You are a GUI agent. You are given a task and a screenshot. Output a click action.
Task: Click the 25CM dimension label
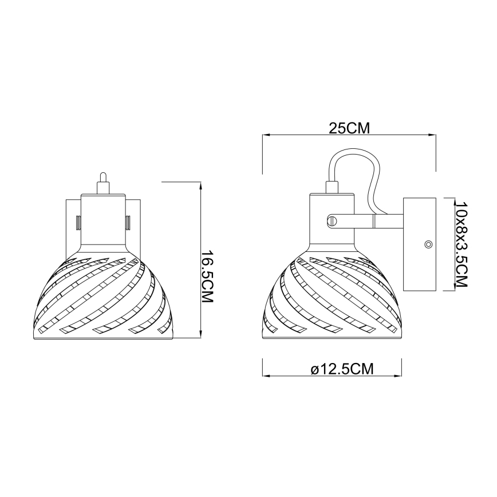point(348,128)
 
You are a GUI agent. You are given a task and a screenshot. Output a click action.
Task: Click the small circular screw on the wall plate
point(428,244)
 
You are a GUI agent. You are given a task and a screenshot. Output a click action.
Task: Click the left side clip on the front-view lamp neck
point(78,220)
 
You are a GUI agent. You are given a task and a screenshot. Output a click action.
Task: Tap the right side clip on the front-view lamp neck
point(128,220)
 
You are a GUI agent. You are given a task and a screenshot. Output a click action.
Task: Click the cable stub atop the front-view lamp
point(102,183)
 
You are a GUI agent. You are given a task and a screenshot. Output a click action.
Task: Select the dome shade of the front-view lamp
point(102,298)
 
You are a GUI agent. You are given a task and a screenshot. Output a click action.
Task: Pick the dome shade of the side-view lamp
point(332,298)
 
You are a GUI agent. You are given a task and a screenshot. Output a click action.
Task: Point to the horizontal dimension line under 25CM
point(348,136)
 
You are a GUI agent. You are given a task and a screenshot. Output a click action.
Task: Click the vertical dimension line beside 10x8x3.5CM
point(446,244)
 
